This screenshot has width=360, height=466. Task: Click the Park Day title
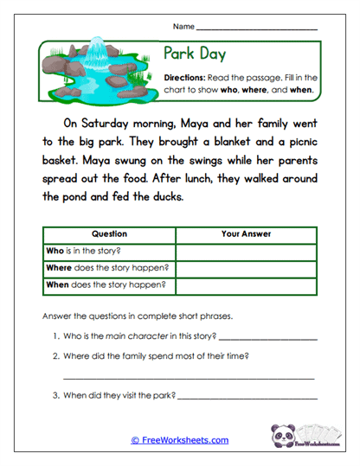[x=195, y=54]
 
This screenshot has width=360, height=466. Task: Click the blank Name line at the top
[x=257, y=29]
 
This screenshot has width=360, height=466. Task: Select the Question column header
[x=109, y=233]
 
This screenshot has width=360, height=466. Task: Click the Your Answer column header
[x=247, y=233]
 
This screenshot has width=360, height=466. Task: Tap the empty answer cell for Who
[x=247, y=251]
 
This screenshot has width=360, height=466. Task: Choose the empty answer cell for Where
[x=247, y=267]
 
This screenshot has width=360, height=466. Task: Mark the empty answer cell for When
[x=247, y=284]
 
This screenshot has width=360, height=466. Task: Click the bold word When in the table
[x=58, y=284]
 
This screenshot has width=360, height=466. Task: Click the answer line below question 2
[x=189, y=377]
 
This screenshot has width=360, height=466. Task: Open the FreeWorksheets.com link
[x=180, y=440]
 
